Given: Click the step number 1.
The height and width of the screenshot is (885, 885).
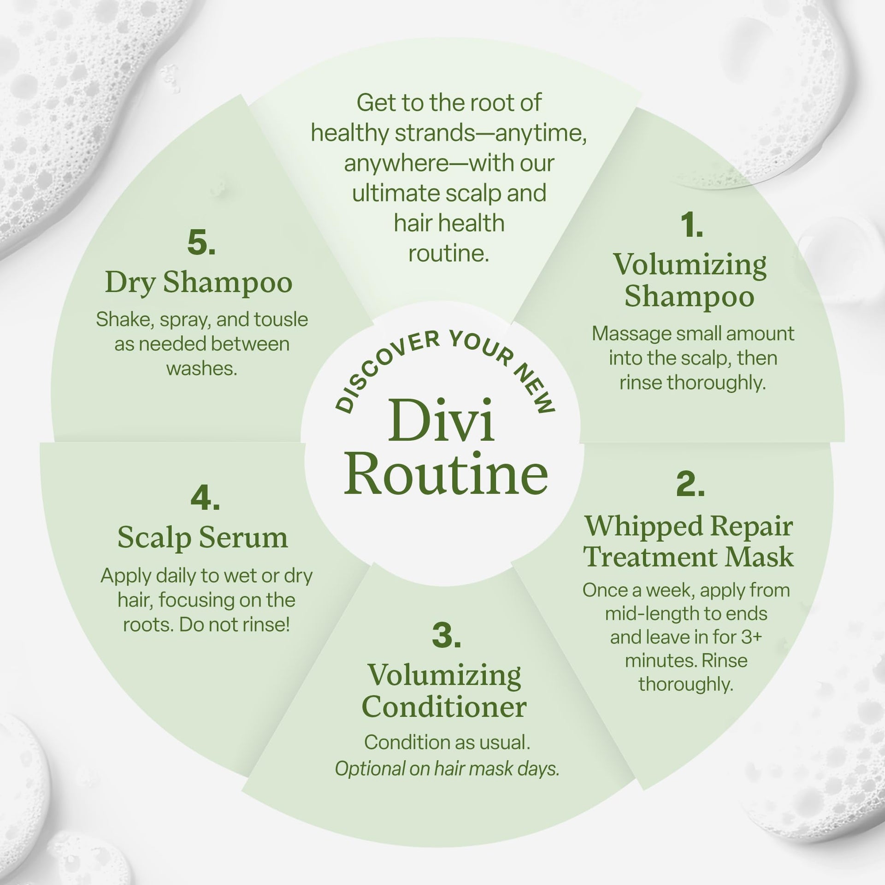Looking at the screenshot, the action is (691, 226).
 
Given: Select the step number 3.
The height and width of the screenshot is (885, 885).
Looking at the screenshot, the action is (446, 636).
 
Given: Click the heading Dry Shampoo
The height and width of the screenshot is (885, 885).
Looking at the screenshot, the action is (199, 283).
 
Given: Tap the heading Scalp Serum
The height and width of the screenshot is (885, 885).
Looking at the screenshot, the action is (203, 537).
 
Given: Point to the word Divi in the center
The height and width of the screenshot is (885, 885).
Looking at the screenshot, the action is (441, 420).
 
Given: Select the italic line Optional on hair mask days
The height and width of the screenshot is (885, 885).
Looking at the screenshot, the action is (447, 768).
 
